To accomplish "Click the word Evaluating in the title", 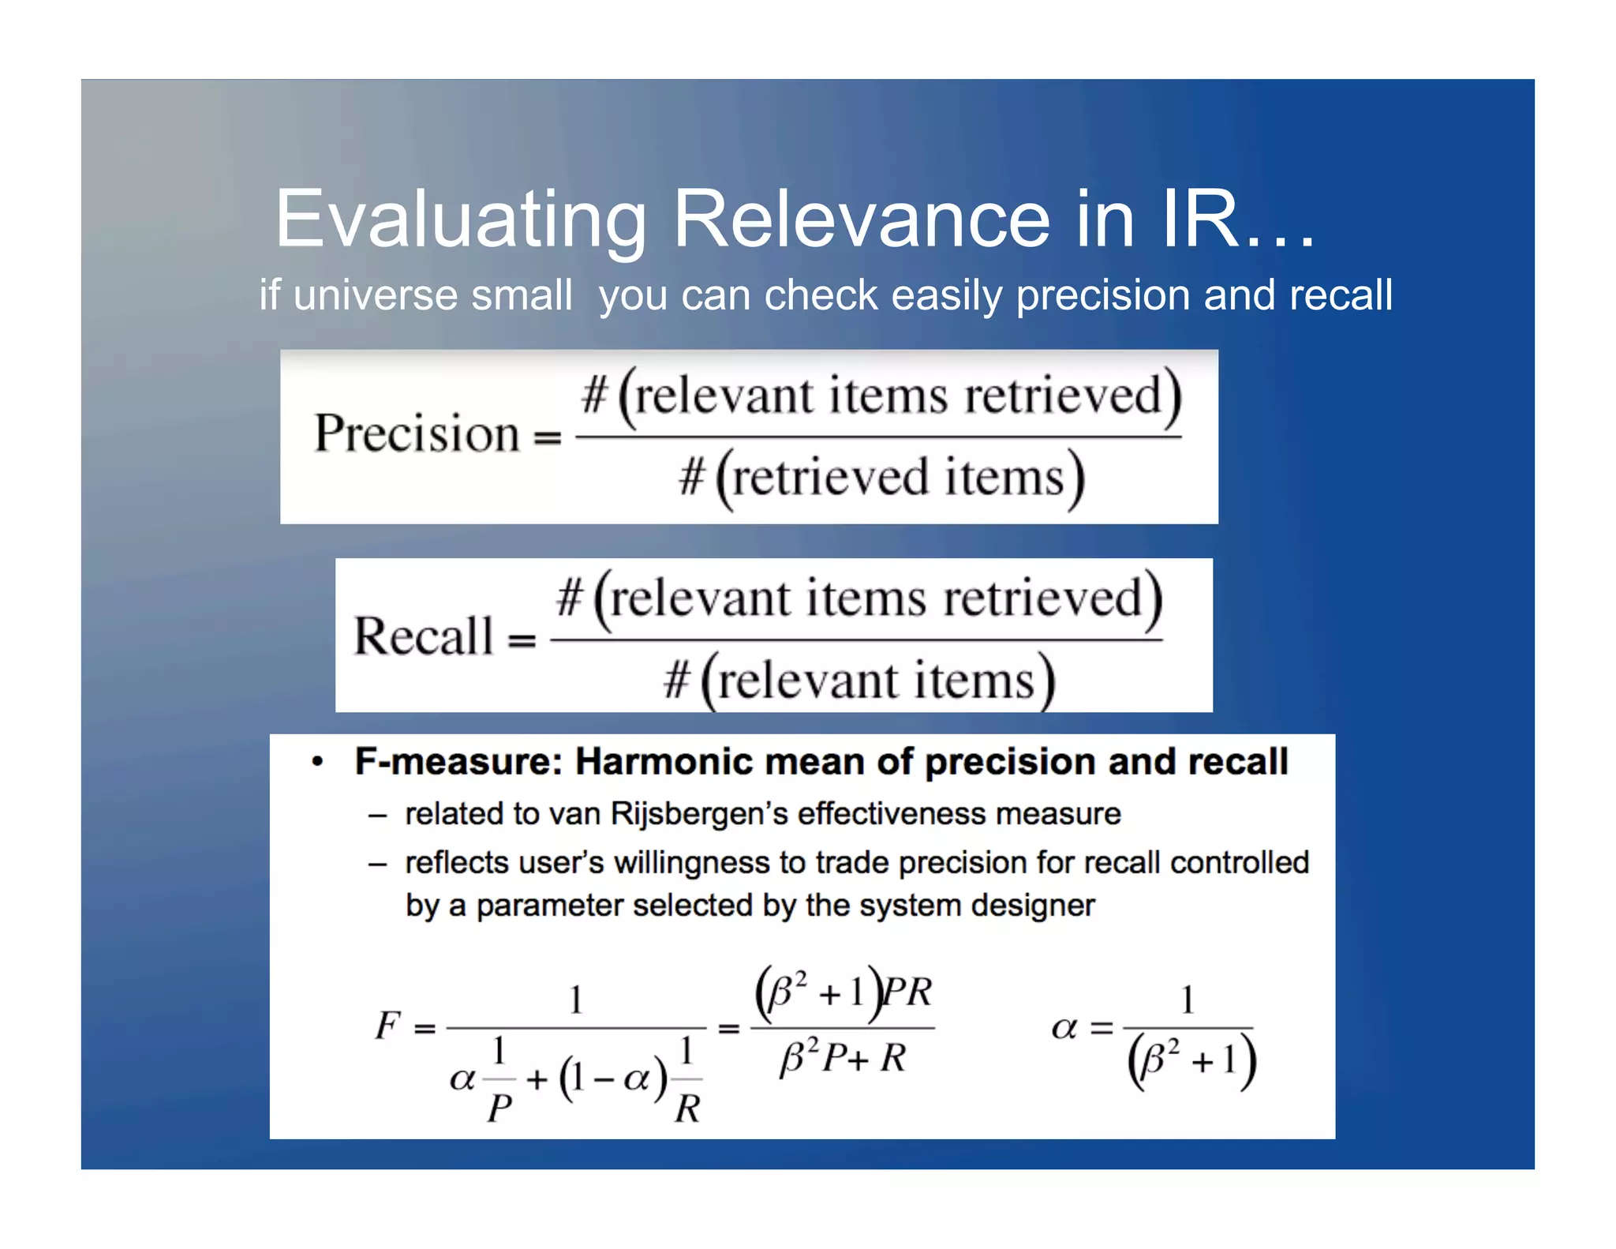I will (x=461, y=219).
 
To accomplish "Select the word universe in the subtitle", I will (x=375, y=295).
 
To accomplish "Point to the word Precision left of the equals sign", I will (x=417, y=433).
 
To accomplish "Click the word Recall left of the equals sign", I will (x=423, y=636).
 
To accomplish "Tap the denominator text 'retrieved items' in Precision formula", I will (x=899, y=478).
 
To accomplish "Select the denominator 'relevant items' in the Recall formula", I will (x=876, y=681).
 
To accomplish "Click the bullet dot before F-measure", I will (x=317, y=762).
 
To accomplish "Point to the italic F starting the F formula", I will (x=387, y=1026).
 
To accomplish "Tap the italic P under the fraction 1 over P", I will (x=499, y=1108).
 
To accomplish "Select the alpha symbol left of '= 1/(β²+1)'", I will (x=1064, y=1027).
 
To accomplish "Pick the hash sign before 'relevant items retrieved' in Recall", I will (x=570, y=598).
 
